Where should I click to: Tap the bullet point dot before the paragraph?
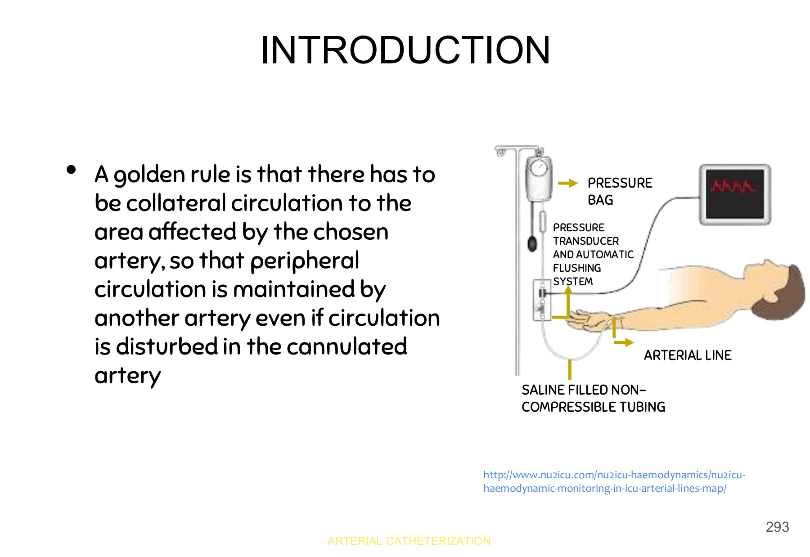[71, 170]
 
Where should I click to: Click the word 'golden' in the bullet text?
[149, 175]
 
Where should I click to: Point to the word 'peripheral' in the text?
[305, 261]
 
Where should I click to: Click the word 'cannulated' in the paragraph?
[346, 346]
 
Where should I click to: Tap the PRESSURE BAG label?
[620, 191]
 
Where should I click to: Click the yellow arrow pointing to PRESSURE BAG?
[568, 183]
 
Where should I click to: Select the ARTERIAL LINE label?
[688, 355]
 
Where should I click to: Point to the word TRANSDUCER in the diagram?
[586, 241]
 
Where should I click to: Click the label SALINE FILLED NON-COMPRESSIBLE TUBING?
[593, 398]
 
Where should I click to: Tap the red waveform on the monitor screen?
[733, 186]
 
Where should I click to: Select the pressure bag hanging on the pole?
[539, 179]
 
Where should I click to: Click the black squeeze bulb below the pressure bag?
[532, 244]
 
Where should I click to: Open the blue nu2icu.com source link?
[614, 481]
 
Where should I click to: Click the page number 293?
[777, 527]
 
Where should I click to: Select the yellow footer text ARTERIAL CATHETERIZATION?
[409, 541]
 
